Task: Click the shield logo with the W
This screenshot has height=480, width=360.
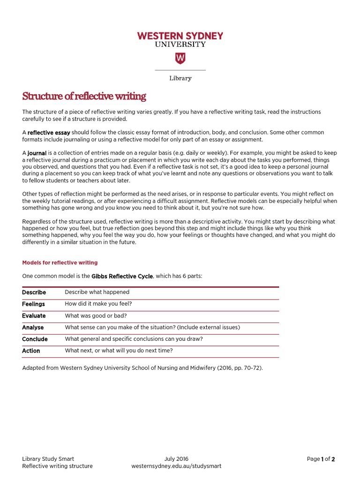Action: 180,58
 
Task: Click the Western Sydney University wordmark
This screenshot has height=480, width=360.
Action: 180,39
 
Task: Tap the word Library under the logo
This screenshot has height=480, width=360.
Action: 180,78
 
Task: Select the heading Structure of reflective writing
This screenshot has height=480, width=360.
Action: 84,97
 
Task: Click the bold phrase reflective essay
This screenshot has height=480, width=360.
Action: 49,133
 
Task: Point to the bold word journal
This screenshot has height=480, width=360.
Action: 37,153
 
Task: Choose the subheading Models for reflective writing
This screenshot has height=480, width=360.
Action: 60,262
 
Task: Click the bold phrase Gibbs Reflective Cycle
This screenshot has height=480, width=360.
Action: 122,276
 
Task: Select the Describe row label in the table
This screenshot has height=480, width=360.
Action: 34,292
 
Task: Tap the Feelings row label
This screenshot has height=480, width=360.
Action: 33,304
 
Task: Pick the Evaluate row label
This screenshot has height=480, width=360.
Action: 34,316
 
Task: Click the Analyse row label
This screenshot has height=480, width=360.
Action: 33,328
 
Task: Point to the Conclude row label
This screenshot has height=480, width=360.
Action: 35,339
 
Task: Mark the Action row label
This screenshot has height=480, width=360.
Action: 31,351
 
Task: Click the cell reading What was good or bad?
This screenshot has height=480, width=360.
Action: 96,316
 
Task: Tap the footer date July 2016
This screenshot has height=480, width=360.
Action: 176,459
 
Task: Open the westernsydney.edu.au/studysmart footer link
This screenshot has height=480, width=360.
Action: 176,466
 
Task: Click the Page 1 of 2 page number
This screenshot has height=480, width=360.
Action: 321,459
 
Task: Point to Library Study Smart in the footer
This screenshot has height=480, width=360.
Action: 48,459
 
